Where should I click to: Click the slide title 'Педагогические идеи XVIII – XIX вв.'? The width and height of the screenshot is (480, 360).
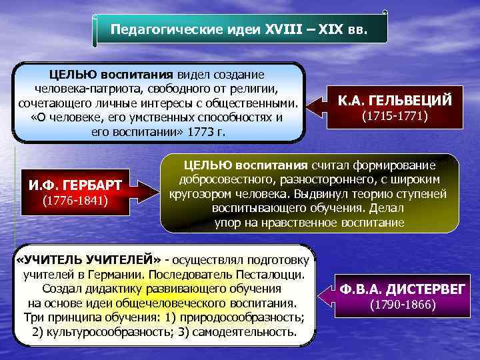(238, 31)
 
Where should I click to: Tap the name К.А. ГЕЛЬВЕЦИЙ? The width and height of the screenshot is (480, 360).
(395, 101)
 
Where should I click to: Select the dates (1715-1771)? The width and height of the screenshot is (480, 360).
(394, 116)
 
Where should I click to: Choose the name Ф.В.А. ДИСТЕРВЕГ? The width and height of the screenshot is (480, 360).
(404, 289)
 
